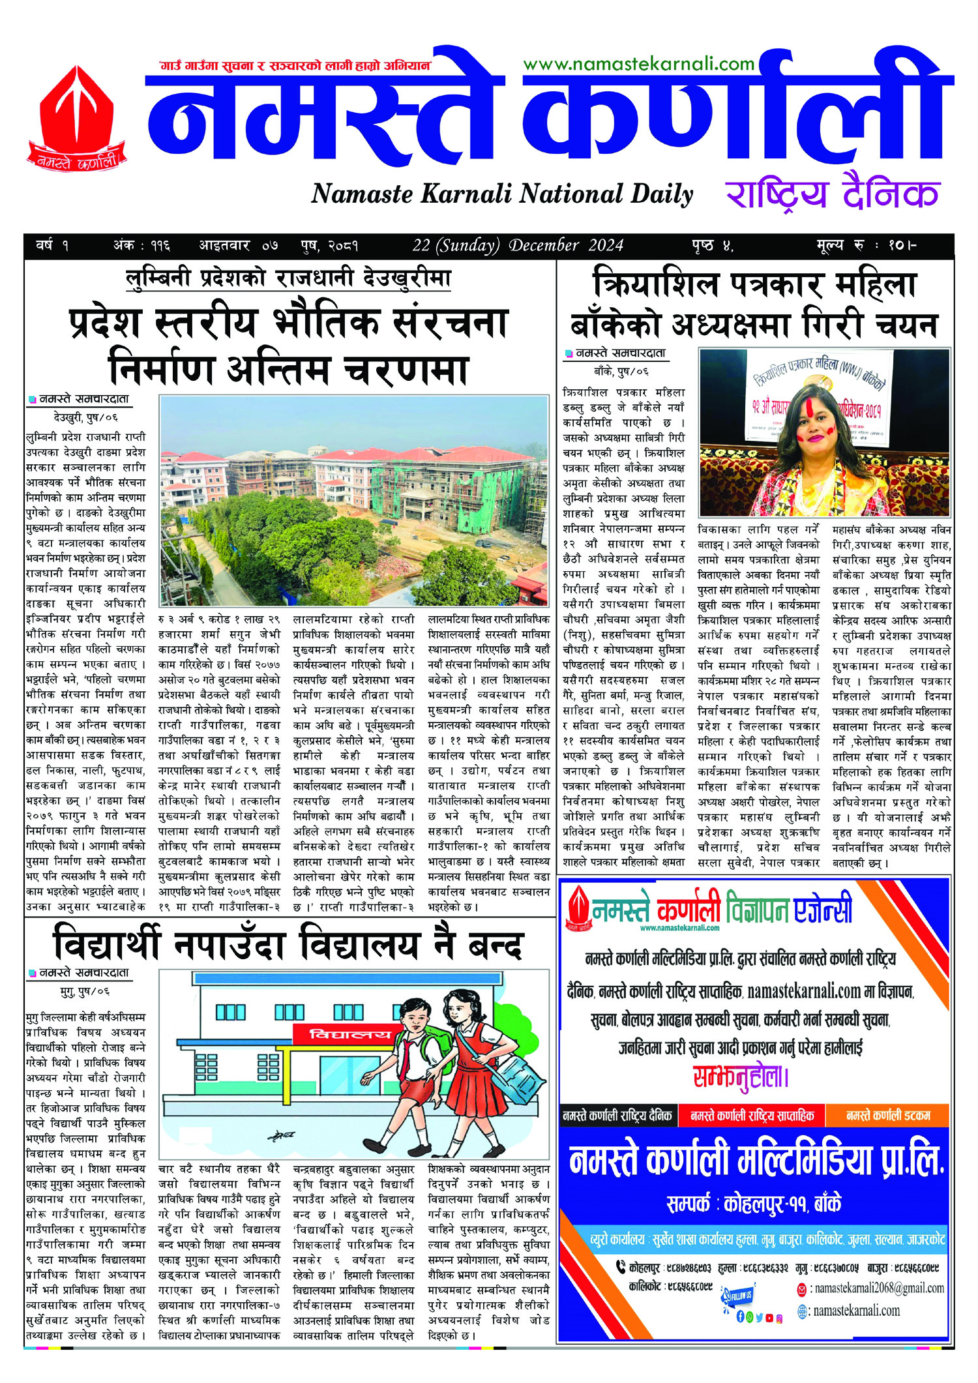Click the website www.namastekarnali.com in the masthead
coord(638,64)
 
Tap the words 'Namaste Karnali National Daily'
coord(501,194)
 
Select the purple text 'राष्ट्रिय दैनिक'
coord(832,194)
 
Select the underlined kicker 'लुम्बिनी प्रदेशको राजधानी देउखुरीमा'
coord(288,278)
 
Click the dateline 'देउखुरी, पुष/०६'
coord(86,417)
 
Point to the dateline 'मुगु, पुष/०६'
coord(85,991)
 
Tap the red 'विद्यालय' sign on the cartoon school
coord(341,1034)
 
